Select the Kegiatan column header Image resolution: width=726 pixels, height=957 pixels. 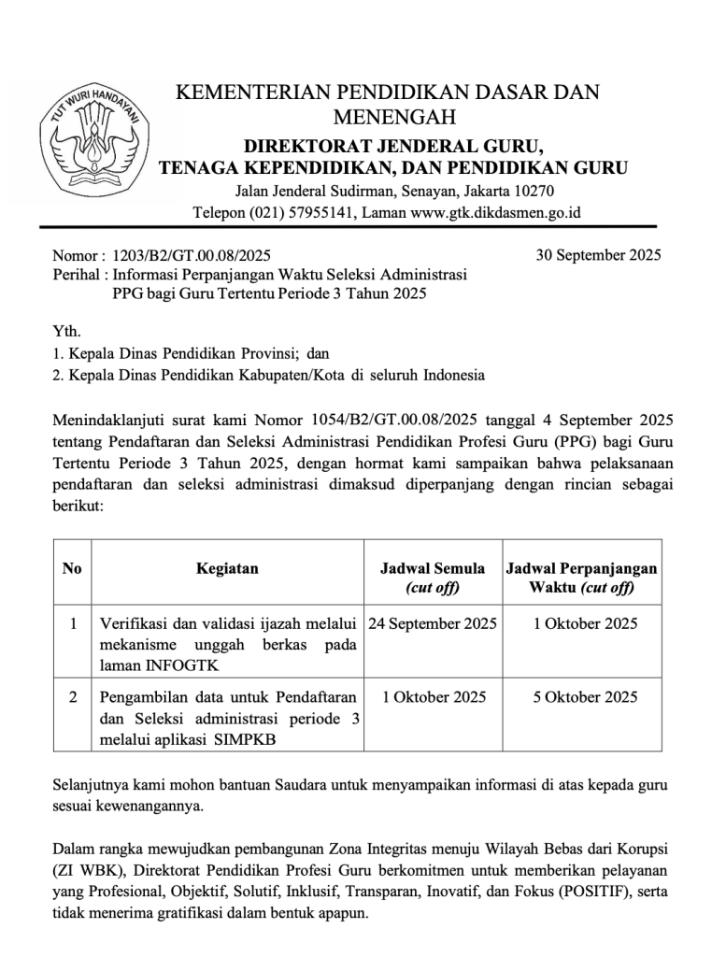tap(227, 568)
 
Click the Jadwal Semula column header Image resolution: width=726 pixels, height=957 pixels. tap(433, 578)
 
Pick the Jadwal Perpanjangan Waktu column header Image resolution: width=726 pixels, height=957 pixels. tap(581, 578)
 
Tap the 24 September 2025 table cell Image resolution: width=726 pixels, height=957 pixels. tap(433, 623)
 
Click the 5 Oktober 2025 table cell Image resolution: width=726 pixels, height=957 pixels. tap(585, 696)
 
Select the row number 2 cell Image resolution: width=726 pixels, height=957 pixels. tap(72, 696)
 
